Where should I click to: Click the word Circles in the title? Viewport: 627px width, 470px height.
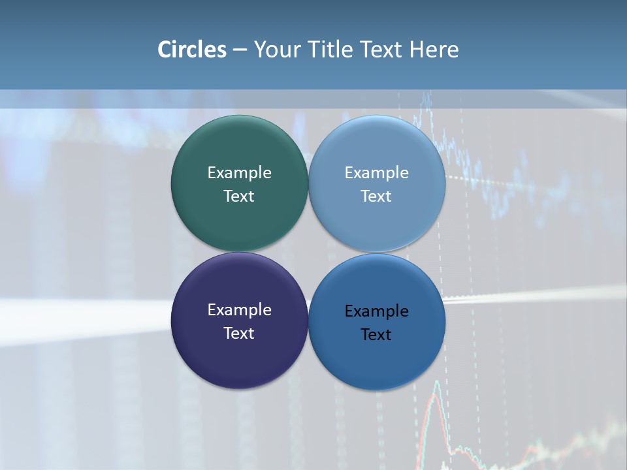pyautogui.click(x=191, y=50)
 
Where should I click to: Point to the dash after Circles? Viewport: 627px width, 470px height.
pyautogui.click(x=239, y=50)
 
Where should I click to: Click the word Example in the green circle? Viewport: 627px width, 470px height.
pyautogui.click(x=239, y=173)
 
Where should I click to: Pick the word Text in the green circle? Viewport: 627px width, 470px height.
pyautogui.click(x=239, y=196)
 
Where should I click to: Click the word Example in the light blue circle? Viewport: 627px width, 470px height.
pyautogui.click(x=377, y=173)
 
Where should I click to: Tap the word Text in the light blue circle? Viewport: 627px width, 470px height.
pyautogui.click(x=377, y=196)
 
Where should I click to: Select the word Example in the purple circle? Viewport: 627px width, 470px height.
pyautogui.click(x=239, y=310)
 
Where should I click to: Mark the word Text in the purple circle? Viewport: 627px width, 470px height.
pyautogui.click(x=239, y=334)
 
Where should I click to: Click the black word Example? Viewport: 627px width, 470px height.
pyautogui.click(x=377, y=311)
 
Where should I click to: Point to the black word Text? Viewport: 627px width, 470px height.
pyautogui.click(x=377, y=335)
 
